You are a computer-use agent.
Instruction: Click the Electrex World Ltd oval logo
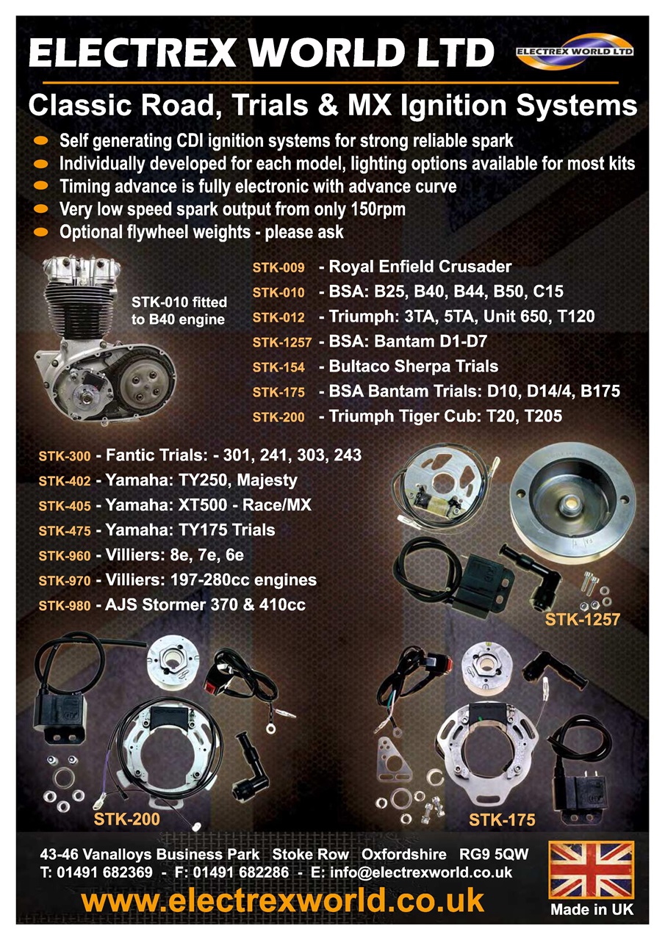(575, 51)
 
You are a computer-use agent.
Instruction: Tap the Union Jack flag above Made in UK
(592, 869)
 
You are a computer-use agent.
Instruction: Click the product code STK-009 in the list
(278, 267)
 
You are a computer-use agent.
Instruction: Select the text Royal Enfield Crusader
(420, 267)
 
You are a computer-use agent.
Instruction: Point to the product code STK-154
(278, 367)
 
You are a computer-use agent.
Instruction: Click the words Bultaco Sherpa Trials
(414, 366)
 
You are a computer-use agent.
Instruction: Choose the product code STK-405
(65, 506)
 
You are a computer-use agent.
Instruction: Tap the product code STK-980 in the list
(65, 606)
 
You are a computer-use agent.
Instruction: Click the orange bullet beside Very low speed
(40, 209)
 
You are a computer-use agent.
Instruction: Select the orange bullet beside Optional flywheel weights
(40, 231)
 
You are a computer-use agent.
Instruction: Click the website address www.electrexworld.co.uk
(283, 900)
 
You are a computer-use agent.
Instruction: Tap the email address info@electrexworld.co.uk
(421, 872)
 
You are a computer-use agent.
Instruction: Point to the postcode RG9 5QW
(494, 854)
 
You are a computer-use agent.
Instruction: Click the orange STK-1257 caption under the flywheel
(582, 619)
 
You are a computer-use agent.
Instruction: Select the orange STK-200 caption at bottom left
(127, 819)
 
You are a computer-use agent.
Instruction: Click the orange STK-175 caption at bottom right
(502, 820)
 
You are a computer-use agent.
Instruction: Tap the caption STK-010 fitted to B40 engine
(179, 311)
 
